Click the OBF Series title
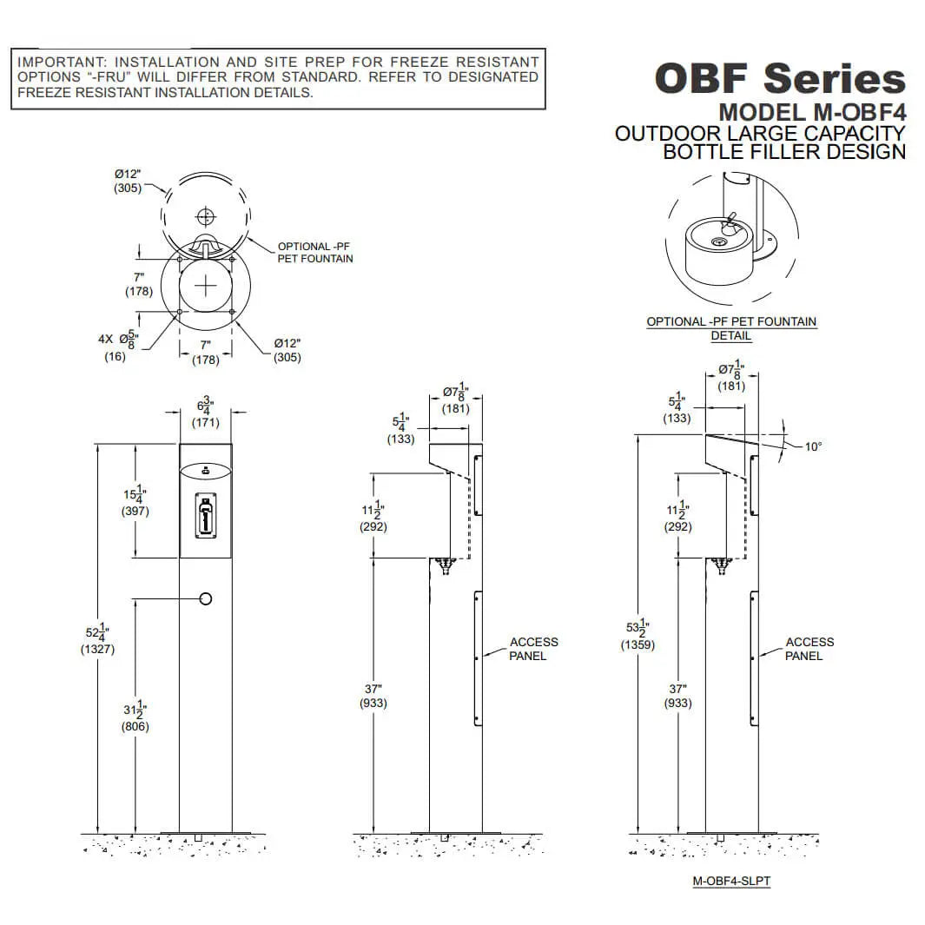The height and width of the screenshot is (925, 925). [x=779, y=78]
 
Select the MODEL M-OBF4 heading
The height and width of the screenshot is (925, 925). [x=811, y=113]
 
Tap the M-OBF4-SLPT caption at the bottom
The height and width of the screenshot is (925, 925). [x=731, y=881]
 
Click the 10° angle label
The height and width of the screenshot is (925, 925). [x=812, y=446]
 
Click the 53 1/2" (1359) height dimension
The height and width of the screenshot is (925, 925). [x=638, y=635]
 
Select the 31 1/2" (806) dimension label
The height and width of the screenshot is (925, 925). [x=135, y=717]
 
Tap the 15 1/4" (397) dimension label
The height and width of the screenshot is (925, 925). [x=135, y=501]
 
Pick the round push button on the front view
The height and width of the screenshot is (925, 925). [x=206, y=598]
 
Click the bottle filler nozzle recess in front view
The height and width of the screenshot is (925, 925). [x=205, y=518]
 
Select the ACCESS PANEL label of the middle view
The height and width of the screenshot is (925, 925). [x=533, y=649]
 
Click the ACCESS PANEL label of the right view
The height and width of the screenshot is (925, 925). [x=809, y=649]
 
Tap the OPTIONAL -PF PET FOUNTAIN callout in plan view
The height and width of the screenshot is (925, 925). [x=314, y=252]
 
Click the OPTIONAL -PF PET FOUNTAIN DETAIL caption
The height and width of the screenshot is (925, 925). [x=730, y=328]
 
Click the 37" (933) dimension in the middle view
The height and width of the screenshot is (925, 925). [x=373, y=695]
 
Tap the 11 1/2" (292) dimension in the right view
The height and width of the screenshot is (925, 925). [x=677, y=517]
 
